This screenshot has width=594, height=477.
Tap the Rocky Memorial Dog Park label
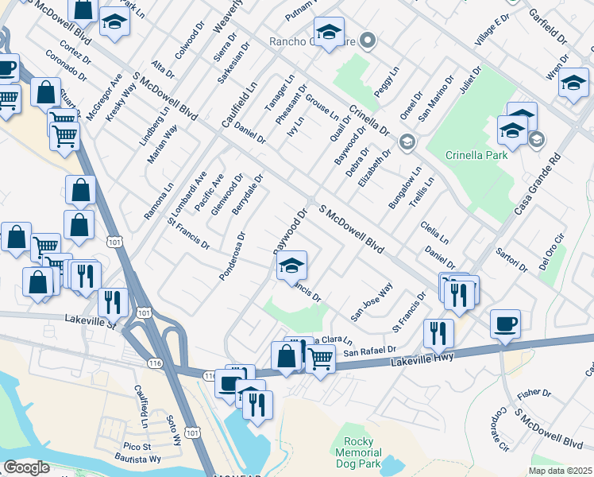[x=364, y=452]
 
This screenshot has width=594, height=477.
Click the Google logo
[x=25, y=467]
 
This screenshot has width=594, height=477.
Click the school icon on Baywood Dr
[x=292, y=266]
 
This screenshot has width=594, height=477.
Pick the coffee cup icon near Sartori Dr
[x=505, y=324]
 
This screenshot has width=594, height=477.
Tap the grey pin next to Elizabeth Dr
[x=407, y=142]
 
